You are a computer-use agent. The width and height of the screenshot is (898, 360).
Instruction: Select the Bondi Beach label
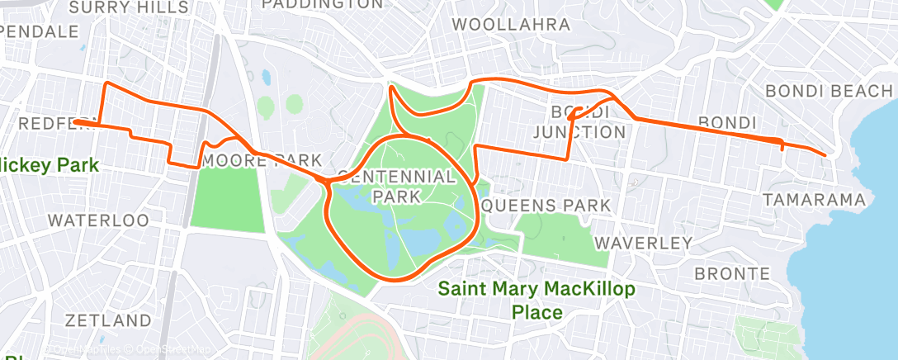[829, 91]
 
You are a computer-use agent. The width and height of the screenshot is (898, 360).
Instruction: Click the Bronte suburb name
[731, 273]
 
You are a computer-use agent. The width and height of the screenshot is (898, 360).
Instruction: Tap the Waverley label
[643, 244]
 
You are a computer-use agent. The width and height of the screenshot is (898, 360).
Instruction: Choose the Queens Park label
[546, 205]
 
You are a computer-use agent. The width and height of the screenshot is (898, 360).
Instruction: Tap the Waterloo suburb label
[98, 220]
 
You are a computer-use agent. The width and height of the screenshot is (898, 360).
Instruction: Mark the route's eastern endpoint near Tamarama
[825, 154]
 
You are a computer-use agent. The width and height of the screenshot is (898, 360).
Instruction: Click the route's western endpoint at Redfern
[74, 122]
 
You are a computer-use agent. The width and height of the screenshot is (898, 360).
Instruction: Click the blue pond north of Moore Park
[267, 78]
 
